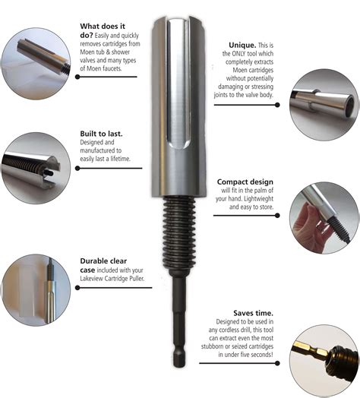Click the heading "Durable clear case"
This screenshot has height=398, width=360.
tap(104, 266)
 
